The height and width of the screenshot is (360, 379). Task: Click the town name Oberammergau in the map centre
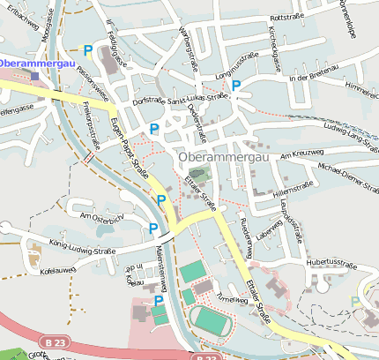(222, 157)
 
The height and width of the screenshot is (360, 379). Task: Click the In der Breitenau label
(313, 79)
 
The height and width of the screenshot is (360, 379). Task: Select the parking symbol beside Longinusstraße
(236, 86)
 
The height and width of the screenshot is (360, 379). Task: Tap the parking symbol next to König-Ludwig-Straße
(153, 229)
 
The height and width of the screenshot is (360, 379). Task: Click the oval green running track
(212, 319)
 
